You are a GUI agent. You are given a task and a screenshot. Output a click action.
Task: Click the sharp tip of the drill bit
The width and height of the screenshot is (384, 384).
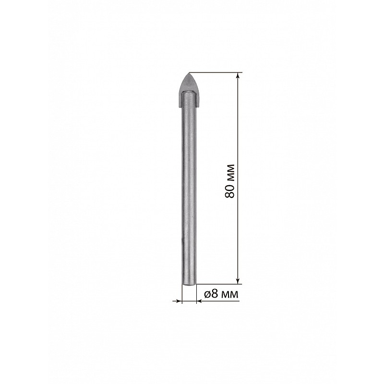(x=189, y=73)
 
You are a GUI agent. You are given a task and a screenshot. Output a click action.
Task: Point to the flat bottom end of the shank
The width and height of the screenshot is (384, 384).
(x=189, y=284)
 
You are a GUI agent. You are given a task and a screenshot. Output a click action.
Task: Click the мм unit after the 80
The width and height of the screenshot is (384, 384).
(x=230, y=172)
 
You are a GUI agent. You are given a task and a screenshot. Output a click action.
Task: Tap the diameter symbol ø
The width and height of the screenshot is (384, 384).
(x=207, y=294)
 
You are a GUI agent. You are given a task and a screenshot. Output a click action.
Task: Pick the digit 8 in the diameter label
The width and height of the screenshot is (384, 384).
(x=214, y=293)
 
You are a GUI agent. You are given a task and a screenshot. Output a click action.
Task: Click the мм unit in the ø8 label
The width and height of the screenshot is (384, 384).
(x=229, y=294)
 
